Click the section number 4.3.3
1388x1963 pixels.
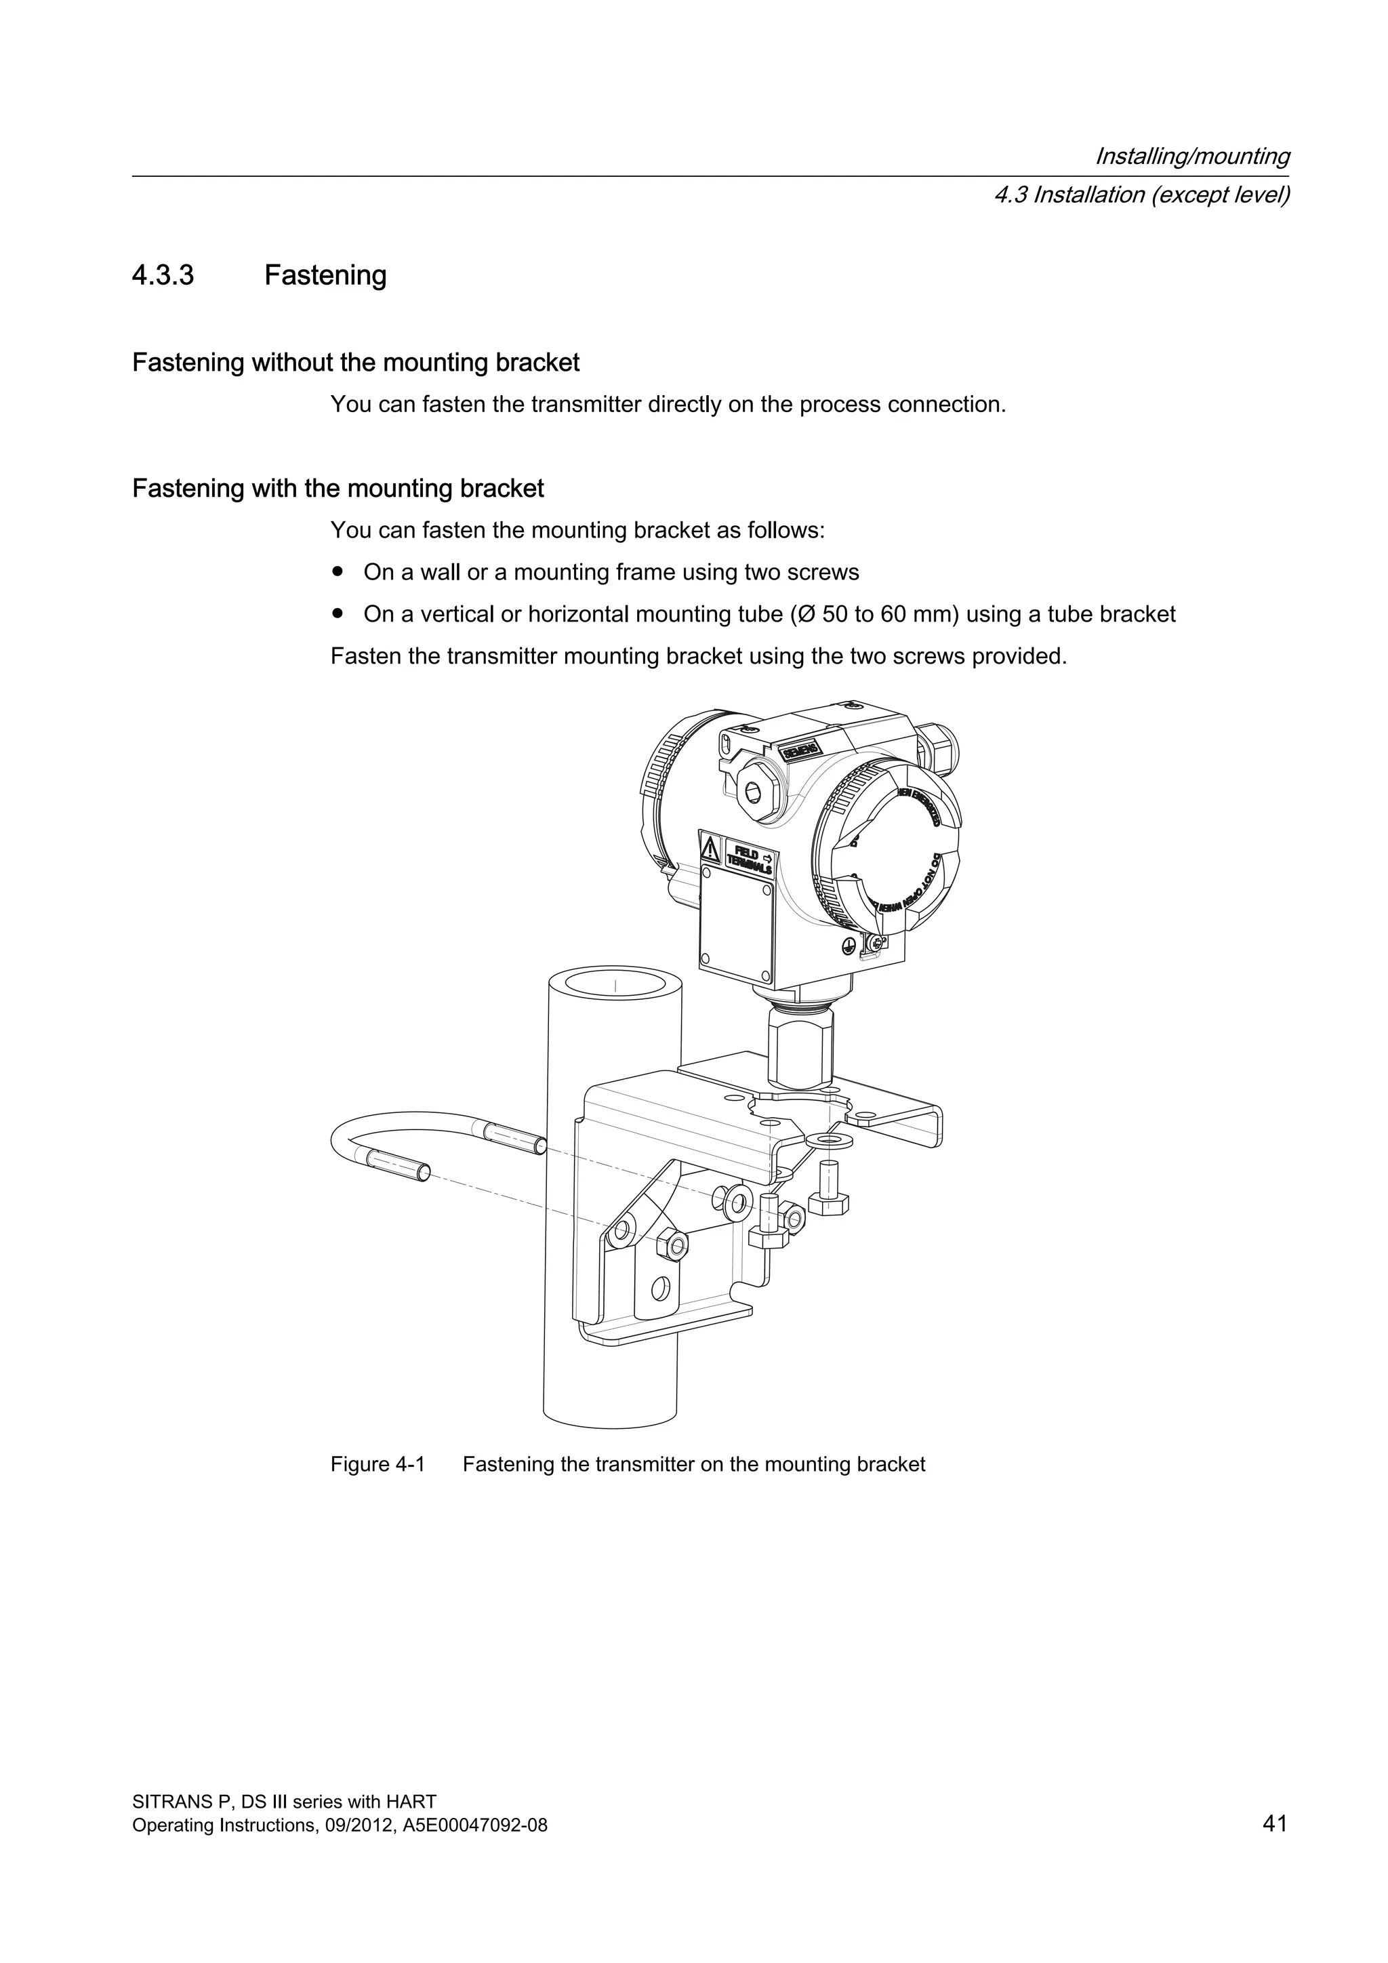tap(163, 276)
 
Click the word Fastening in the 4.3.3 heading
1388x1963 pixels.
tap(325, 276)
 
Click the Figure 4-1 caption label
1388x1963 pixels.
tap(377, 1465)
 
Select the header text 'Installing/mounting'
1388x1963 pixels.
tap(1191, 157)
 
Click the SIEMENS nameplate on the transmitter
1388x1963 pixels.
tap(800, 750)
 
